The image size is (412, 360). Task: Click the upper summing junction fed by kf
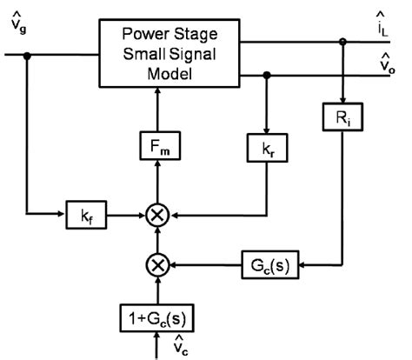tap(157, 212)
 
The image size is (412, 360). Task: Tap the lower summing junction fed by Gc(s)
tap(157, 263)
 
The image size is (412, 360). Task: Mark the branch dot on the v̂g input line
tap(28, 54)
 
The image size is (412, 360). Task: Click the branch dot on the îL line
tap(345, 40)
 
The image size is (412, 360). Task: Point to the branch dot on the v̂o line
tap(267, 76)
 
